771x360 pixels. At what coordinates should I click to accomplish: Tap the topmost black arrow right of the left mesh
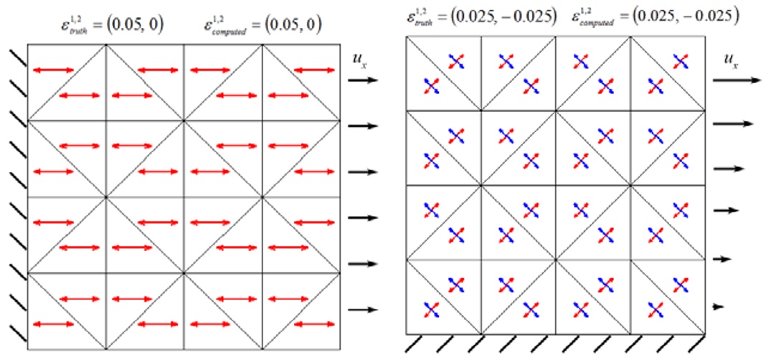[x=362, y=80]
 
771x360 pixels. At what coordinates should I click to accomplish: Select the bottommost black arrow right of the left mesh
[x=362, y=310]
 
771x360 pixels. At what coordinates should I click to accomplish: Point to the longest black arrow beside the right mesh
[x=736, y=81]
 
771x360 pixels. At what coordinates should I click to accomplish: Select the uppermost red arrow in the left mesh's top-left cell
[x=52, y=70]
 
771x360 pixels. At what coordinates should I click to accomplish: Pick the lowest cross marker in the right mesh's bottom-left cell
[x=431, y=310]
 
